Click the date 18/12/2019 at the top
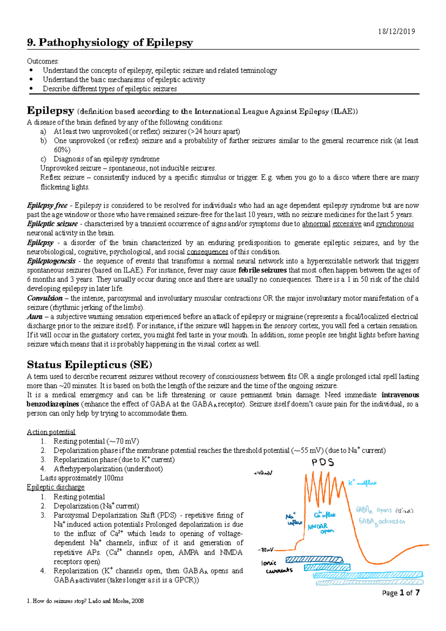[x=396, y=31]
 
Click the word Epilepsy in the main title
[x=169, y=43]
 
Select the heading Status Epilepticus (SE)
[x=90, y=364]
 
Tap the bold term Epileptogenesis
[x=51, y=261]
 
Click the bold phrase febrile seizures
[x=262, y=270]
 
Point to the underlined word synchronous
[x=395, y=224]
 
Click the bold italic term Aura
[x=35, y=317]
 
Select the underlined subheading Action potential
[x=51, y=432]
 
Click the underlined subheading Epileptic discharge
[x=55, y=487]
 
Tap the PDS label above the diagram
[x=323, y=463]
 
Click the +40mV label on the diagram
[x=263, y=473]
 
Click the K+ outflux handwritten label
[x=362, y=483]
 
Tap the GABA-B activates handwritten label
[x=381, y=521]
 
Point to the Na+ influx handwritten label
[x=293, y=519]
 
